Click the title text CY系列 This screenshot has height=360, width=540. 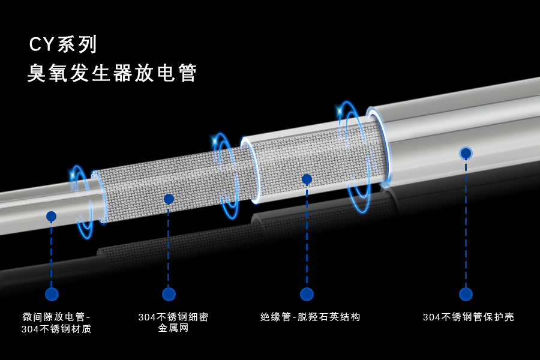(x=63, y=44)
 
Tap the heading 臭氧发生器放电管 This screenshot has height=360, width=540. (x=112, y=73)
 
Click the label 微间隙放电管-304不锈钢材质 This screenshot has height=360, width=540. (x=56, y=323)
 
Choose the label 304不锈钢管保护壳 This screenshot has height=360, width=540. (x=468, y=317)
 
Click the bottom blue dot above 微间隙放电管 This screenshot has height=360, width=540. (x=52, y=294)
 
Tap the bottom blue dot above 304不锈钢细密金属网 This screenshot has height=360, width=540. (x=169, y=294)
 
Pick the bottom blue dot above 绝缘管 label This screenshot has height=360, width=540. (x=307, y=294)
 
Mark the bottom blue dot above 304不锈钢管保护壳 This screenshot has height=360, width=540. (x=466, y=294)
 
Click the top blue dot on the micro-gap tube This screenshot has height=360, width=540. (x=51, y=216)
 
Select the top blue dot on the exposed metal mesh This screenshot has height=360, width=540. (x=169, y=199)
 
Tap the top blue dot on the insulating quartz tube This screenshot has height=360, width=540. (x=307, y=179)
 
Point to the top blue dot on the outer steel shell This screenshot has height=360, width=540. (x=466, y=153)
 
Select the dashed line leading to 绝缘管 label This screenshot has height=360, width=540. (x=307, y=237)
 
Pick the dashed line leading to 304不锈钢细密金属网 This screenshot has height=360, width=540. (x=169, y=246)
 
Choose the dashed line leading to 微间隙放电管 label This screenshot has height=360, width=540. (x=51, y=255)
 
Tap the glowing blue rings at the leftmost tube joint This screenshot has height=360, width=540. (x=84, y=201)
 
